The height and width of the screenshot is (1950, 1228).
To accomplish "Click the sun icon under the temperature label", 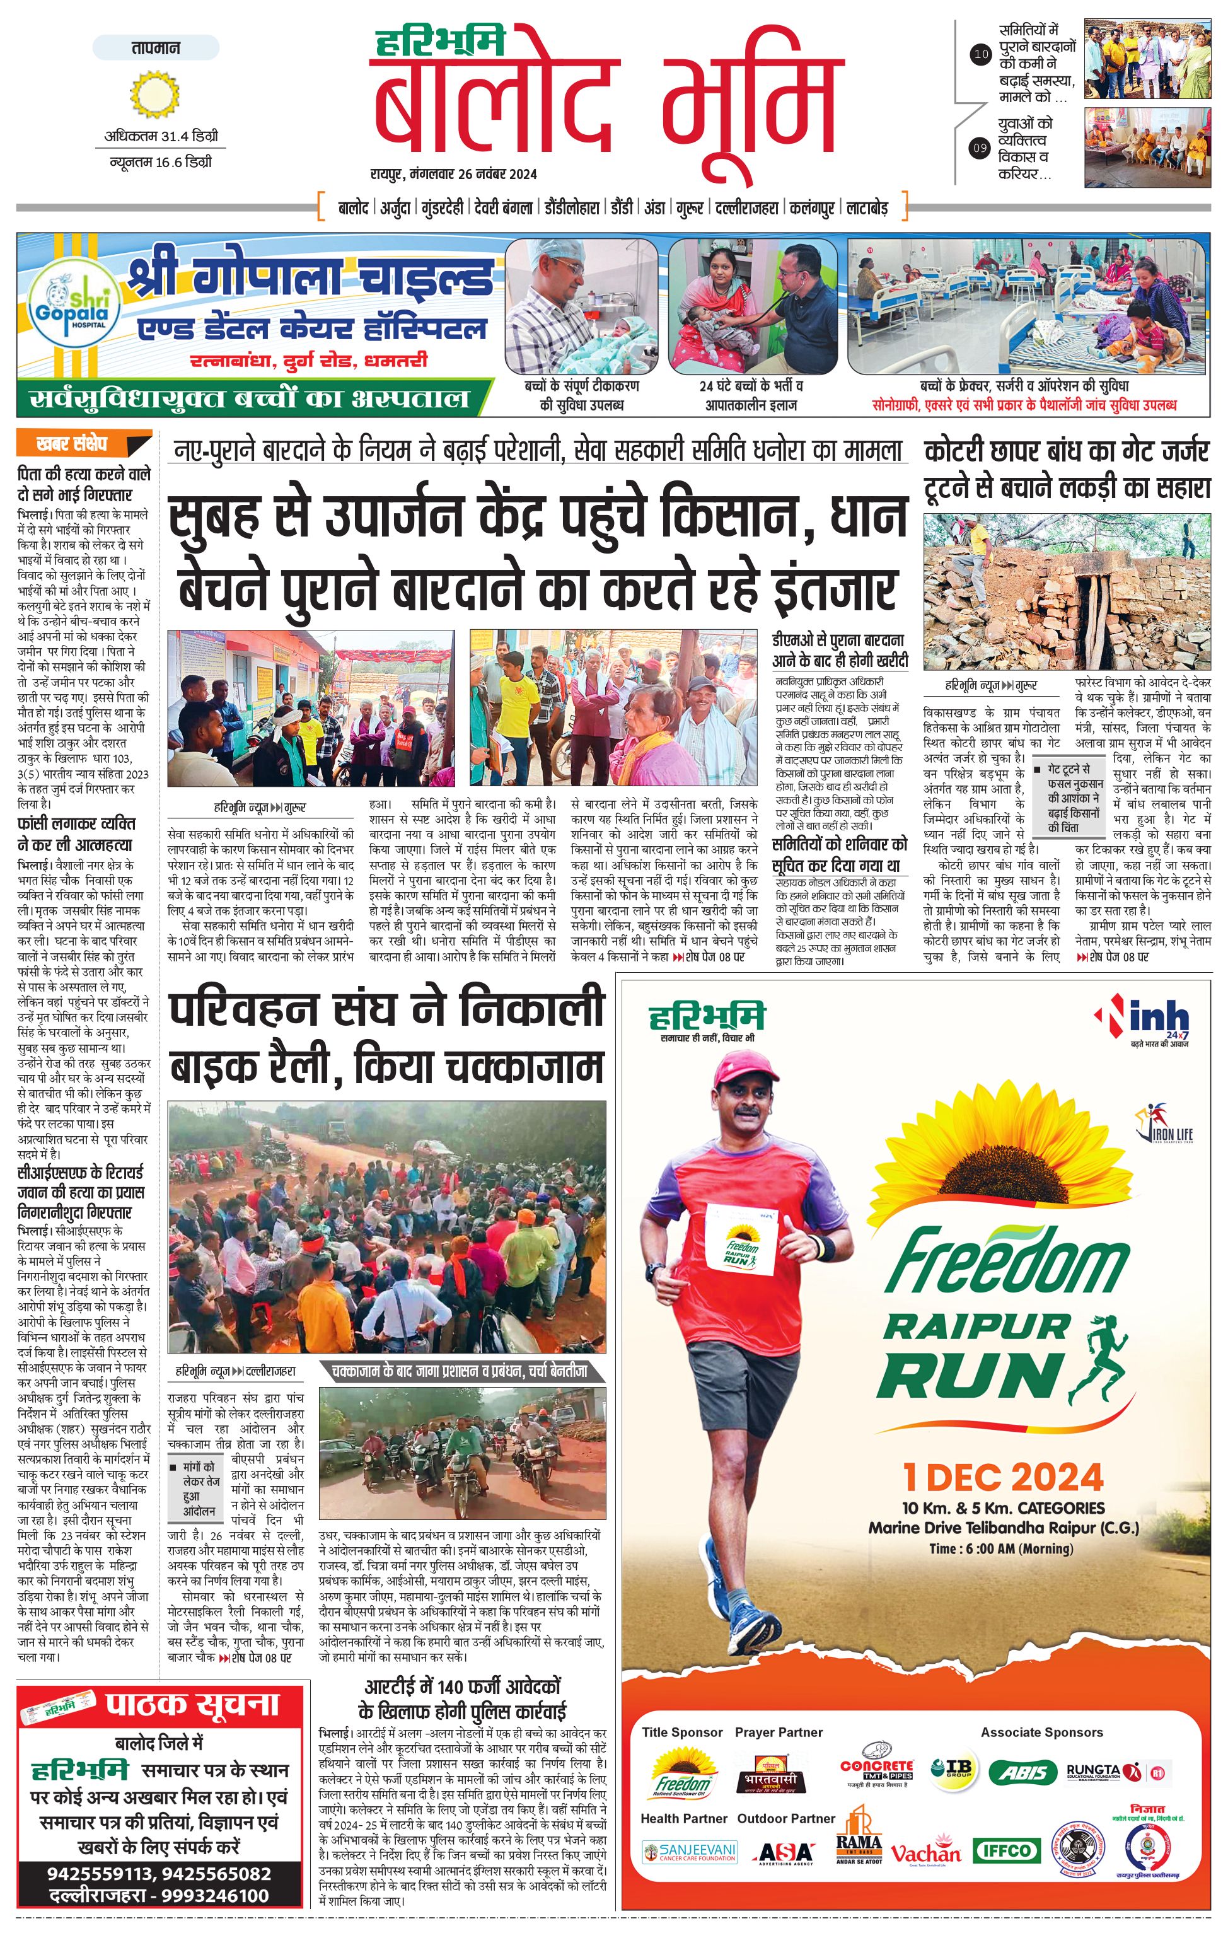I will [x=154, y=94].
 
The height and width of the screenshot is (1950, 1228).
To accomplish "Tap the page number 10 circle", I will [x=980, y=55].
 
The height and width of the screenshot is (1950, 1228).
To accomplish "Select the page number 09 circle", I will [x=980, y=148].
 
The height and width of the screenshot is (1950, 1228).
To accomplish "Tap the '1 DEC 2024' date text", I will [x=1002, y=1477].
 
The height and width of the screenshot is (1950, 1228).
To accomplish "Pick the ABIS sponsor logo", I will [x=1022, y=1772].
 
